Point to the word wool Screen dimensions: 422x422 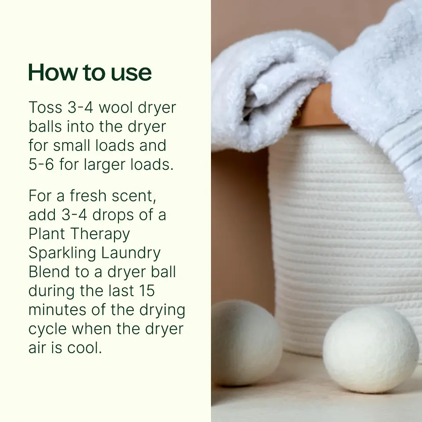point(116,107)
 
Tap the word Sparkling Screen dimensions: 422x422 point(62,254)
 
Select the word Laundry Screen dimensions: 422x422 point(131,254)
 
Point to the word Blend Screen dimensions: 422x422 point(49,272)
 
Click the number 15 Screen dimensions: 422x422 point(147,291)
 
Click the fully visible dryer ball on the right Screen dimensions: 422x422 point(371,350)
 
